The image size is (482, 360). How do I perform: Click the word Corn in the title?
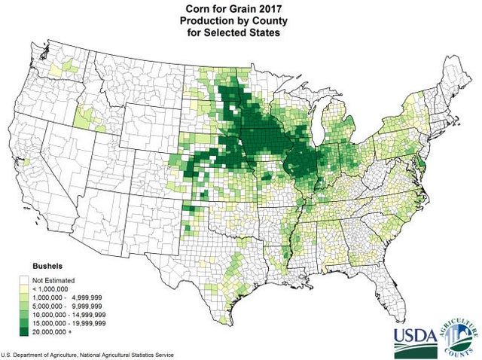(x=198, y=8)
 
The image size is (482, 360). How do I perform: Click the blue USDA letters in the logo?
(x=415, y=334)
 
